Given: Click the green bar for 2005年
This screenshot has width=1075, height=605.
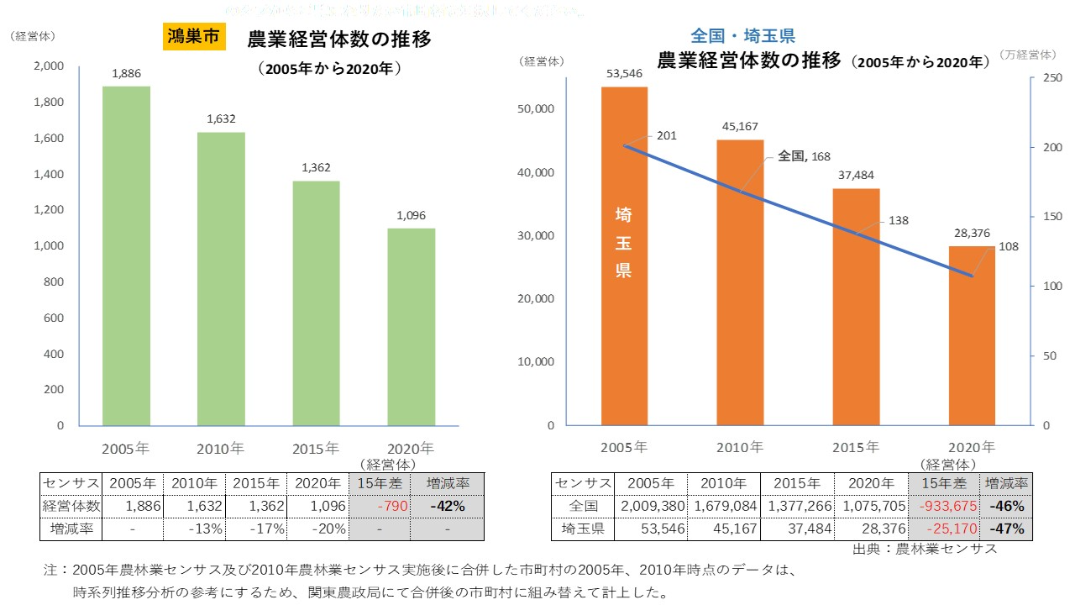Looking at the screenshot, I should coord(126,256).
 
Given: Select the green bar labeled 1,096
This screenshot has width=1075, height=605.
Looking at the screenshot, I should coord(412,328).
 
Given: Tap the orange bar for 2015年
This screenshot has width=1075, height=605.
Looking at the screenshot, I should coord(856,307).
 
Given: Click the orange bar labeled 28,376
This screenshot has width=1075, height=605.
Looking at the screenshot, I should coord(972,336).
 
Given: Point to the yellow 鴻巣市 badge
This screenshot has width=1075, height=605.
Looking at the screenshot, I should coord(193,37).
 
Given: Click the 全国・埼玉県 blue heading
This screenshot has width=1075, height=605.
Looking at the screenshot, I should coord(742,36).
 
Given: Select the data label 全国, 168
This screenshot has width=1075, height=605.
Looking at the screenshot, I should coord(805,155).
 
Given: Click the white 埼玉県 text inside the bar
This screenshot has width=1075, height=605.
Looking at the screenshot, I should coord(623,244).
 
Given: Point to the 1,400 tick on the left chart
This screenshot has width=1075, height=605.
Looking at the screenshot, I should coord(48,174).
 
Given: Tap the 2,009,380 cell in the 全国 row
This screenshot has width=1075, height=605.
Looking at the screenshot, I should coord(650,507).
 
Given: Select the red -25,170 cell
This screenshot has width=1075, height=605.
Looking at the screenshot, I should coord(944,529).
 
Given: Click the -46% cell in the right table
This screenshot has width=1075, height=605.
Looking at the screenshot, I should coord(1006,507).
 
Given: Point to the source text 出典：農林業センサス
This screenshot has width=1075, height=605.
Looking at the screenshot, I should coord(924,549).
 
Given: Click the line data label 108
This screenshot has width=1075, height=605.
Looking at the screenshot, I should coord(1009,248).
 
